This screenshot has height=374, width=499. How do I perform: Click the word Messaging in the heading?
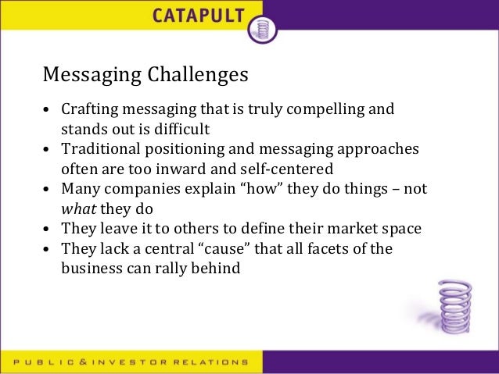[91, 75]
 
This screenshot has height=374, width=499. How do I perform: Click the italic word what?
[77, 208]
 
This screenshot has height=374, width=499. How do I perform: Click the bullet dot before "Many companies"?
[48, 189]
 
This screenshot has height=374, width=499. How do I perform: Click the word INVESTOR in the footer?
[140, 362]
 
